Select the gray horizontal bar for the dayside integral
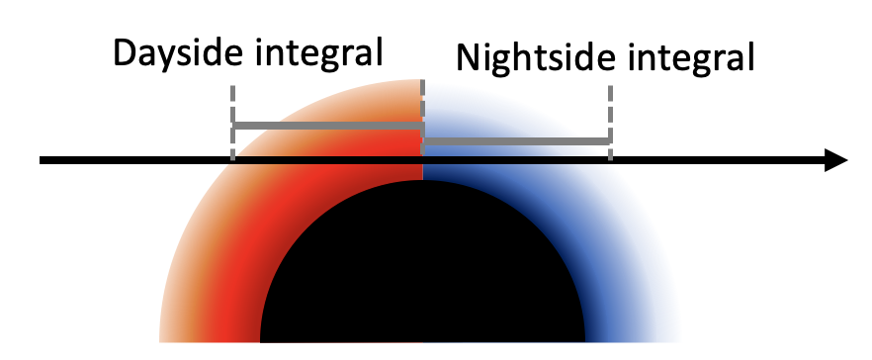point(327,126)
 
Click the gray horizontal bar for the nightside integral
point(516,143)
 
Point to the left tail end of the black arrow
point(42,161)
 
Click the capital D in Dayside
point(126,52)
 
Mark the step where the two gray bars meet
point(423,135)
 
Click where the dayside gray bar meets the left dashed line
point(233,126)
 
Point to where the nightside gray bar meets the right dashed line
point(609,143)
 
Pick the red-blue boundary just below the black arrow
point(423,174)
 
